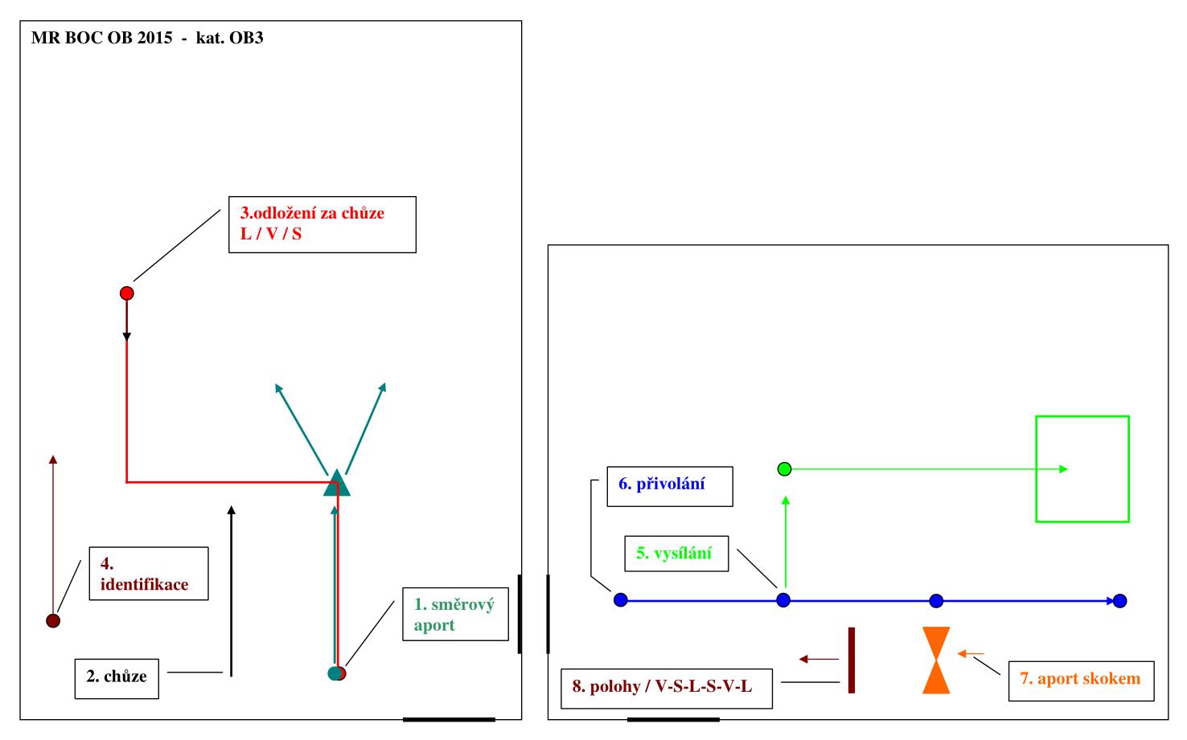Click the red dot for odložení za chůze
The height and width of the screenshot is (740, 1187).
126,293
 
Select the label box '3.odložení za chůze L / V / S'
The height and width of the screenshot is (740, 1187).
322,225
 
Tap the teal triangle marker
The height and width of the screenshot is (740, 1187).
337,484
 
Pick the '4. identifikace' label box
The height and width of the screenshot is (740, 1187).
149,574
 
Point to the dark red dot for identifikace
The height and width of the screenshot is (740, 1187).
53,620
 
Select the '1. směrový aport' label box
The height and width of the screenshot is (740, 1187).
455,614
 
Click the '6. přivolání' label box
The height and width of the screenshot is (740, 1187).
669,487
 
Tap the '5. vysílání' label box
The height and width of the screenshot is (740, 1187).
676,554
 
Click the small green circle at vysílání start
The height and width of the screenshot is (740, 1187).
785,469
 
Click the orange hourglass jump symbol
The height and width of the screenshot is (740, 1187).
936,660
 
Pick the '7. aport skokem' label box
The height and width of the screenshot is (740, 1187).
1081,680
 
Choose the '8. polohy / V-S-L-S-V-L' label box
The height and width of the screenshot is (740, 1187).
667,688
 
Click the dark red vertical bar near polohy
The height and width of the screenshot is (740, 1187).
851,660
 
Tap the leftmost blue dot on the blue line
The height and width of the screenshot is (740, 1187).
620,599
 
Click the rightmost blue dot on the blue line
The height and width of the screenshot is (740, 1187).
1119,601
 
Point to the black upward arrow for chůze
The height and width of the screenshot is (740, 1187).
231,591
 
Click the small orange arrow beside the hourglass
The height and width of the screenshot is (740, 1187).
971,653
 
